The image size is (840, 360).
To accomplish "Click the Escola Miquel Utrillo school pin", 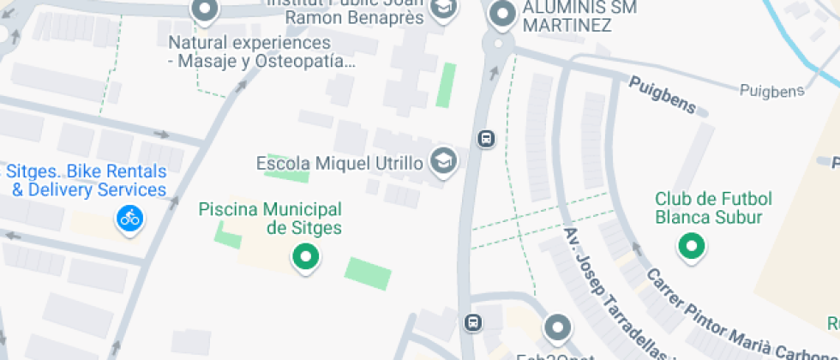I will pos(443,161).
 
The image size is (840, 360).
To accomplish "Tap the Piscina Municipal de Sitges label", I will pos(270,219).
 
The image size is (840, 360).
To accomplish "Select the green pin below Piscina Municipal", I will pos(304,256).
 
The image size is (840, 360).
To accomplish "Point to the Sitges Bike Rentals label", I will pos(86,180).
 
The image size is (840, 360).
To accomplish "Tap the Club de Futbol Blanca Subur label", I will pos(714,208).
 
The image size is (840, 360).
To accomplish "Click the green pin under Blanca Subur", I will pos(691,248).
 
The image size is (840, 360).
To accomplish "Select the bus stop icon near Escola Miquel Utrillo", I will pos(486,138).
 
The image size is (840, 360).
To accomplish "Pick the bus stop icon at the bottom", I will pos(472,322).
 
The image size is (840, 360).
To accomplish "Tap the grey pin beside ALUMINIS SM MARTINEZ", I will pos(501,13).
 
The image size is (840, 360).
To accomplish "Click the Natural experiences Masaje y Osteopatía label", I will pos(261,51).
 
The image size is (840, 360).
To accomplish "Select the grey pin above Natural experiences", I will pos(206,11).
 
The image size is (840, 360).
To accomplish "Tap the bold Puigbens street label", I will pos(662,94).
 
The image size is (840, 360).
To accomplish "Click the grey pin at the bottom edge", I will pos(558,327).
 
